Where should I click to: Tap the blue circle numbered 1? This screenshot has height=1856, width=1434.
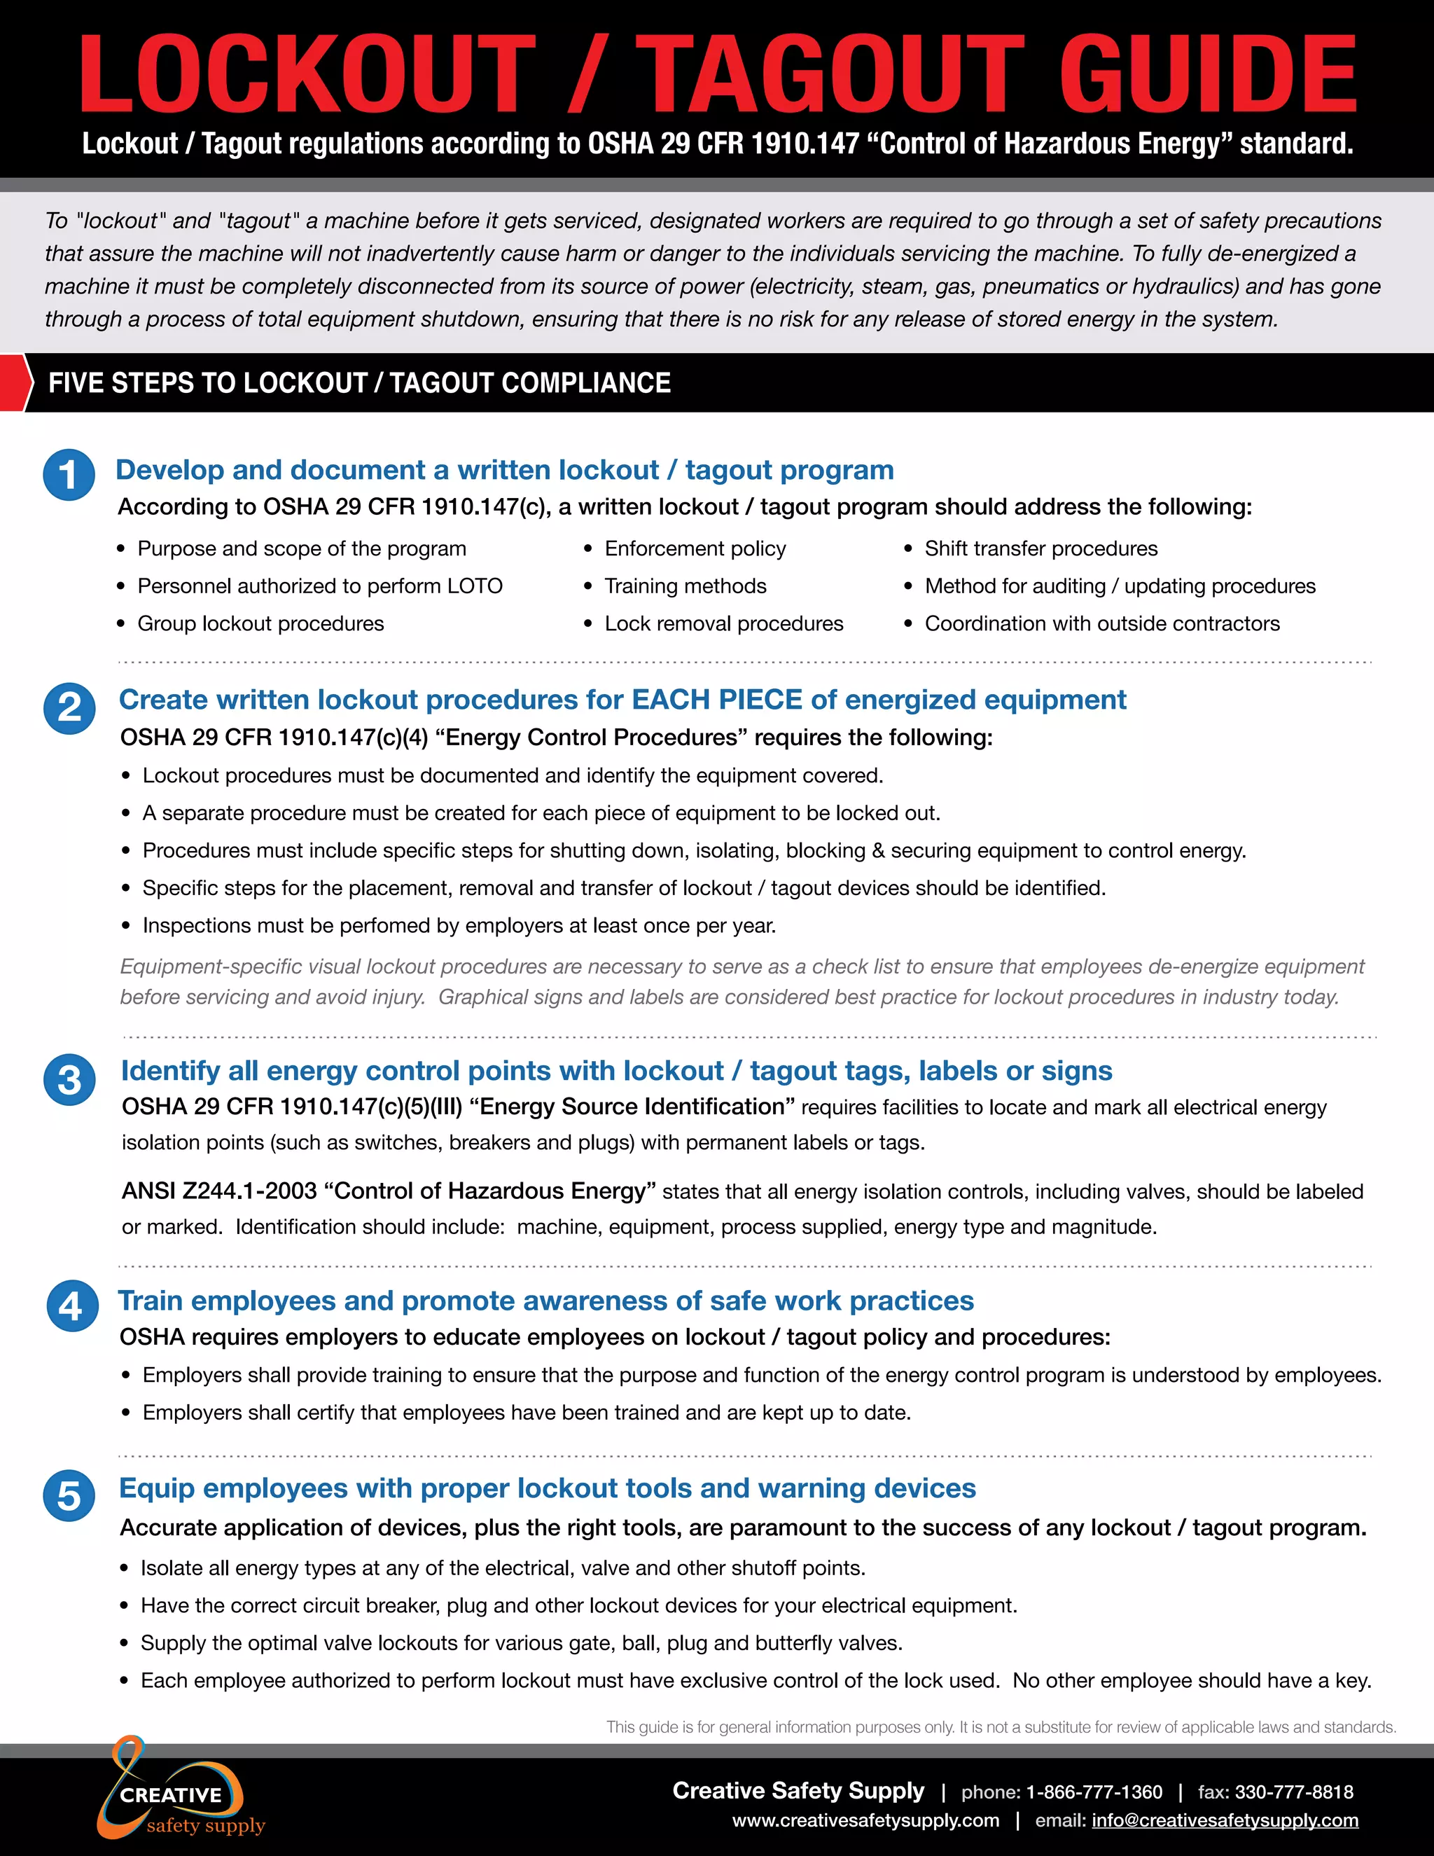(x=69, y=474)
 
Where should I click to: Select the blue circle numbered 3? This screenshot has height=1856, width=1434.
(x=69, y=1079)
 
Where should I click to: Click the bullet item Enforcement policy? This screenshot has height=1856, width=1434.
(x=695, y=549)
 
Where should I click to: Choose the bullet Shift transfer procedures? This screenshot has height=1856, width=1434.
(x=1040, y=549)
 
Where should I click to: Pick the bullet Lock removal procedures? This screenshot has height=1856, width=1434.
(x=723, y=624)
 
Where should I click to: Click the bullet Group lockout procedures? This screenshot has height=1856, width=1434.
(x=260, y=624)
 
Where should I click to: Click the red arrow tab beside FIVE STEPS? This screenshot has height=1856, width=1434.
(x=15, y=383)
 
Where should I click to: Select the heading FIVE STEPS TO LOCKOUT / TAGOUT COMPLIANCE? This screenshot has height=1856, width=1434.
(x=359, y=383)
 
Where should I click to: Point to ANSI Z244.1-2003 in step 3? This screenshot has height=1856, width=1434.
(x=219, y=1191)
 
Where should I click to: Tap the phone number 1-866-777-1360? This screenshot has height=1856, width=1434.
(x=1093, y=1792)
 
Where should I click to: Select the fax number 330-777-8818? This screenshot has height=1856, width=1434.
(x=1293, y=1792)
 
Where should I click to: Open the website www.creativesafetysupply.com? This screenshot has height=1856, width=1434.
(x=865, y=1820)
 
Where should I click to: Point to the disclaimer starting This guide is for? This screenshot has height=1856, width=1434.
(x=1001, y=1727)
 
